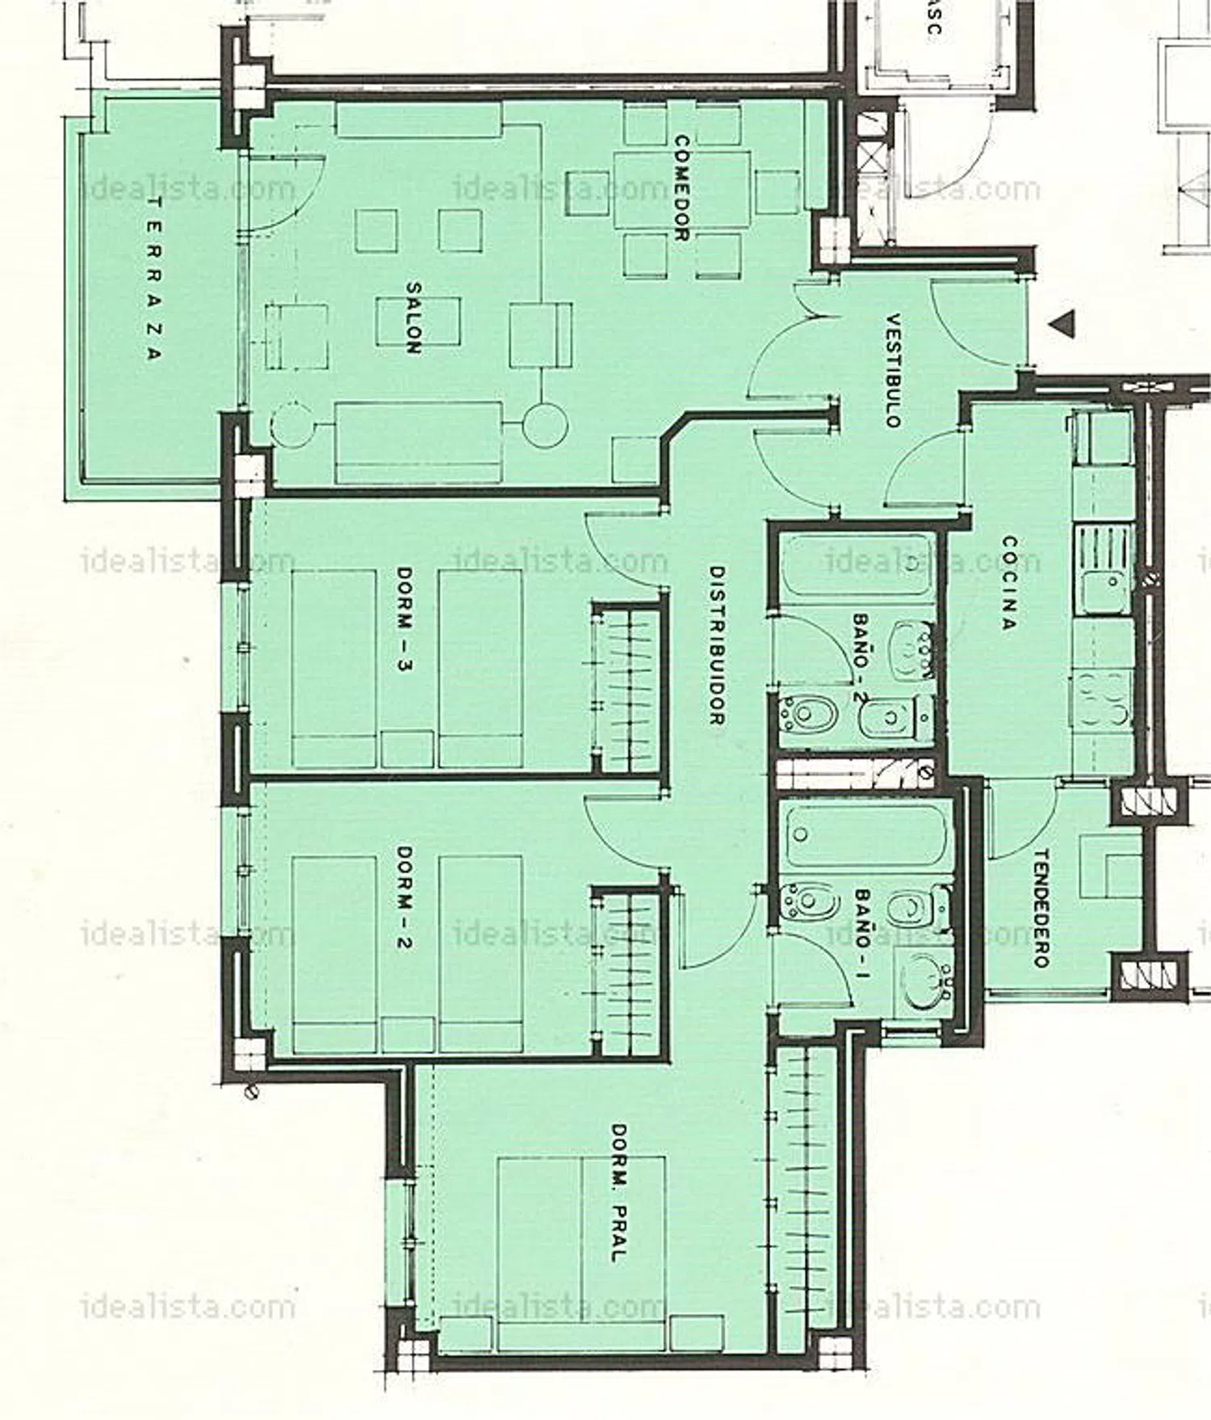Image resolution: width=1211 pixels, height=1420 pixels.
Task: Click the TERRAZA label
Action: coord(155,279)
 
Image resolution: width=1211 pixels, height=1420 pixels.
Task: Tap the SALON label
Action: coord(413,317)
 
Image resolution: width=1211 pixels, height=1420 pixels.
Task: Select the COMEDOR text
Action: coord(681,187)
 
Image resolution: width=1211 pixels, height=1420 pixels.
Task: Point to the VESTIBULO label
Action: coord(893,370)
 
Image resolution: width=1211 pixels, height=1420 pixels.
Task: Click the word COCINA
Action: coord(1008,582)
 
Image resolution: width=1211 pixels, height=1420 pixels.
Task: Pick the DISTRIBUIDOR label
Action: coord(716,645)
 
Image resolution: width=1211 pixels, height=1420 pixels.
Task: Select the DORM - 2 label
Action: coord(405,897)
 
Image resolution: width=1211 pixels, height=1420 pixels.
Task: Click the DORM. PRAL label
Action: coord(618,1192)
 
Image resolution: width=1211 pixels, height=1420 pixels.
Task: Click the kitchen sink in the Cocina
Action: coord(1104,567)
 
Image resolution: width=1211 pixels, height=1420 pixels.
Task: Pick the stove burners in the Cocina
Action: coord(1104,699)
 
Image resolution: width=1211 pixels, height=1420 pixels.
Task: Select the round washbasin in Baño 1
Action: coord(924,978)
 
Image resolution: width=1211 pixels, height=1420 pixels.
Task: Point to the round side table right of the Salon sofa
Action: coord(544,425)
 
